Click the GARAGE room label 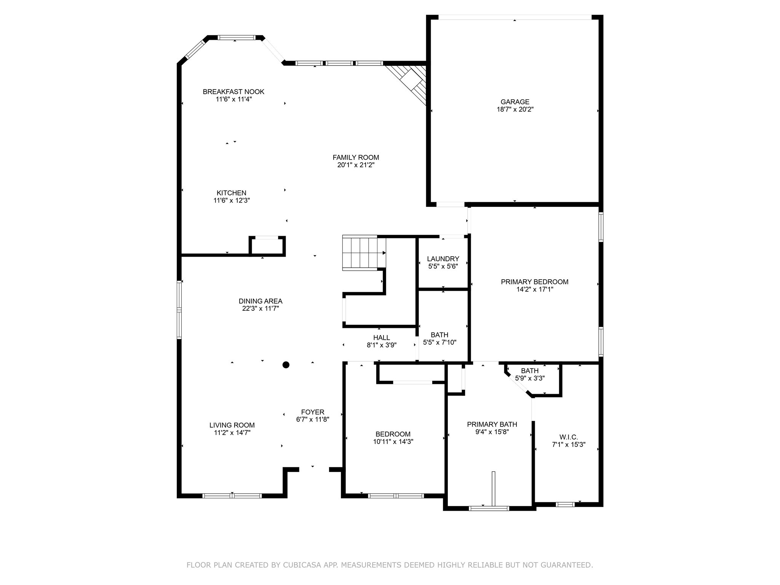click(x=515, y=102)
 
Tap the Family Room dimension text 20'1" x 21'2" click(x=356, y=165)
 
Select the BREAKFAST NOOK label click(x=233, y=91)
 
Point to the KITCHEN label click(x=231, y=193)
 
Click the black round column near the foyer click(x=286, y=365)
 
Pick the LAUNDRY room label click(x=443, y=259)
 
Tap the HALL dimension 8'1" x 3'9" click(x=381, y=345)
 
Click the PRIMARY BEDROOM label click(x=534, y=282)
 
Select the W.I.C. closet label click(x=568, y=437)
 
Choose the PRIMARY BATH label click(x=492, y=424)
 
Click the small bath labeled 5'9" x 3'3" click(x=529, y=374)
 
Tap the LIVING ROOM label click(x=232, y=425)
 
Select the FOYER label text click(x=312, y=412)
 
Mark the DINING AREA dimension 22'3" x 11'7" click(x=261, y=308)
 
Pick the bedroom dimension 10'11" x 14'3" click(x=393, y=442)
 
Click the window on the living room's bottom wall click(x=232, y=495)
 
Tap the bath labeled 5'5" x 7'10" click(x=440, y=338)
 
